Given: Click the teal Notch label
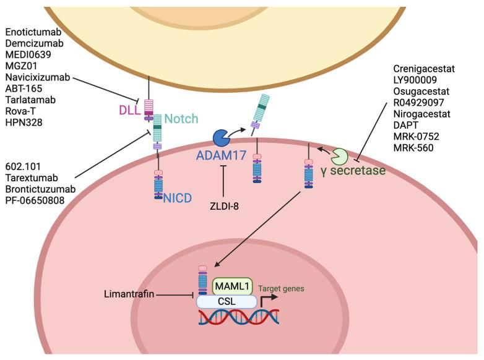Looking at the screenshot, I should (181, 118).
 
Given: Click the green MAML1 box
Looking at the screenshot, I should (231, 286).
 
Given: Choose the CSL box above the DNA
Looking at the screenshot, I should (227, 301).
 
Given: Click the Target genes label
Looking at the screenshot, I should (282, 288).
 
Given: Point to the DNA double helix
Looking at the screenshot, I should (238, 317).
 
